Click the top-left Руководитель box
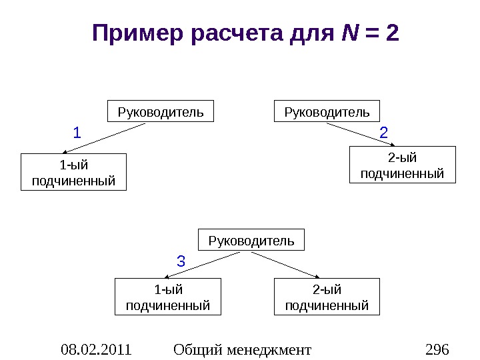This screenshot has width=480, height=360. click(x=161, y=111)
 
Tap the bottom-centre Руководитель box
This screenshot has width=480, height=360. click(x=251, y=240)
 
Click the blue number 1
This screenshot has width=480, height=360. click(x=77, y=133)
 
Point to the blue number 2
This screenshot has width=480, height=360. click(x=383, y=133)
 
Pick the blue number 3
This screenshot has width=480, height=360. click(x=180, y=261)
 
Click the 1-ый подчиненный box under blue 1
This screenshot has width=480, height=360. click(x=73, y=172)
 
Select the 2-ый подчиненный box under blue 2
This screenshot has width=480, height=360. click(x=402, y=165)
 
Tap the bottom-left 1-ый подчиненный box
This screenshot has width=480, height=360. click(x=168, y=297)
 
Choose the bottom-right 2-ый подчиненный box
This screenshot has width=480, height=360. click(x=327, y=297)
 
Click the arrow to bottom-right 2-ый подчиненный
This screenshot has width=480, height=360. click(x=293, y=265)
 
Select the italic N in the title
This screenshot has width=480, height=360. click(x=348, y=33)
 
